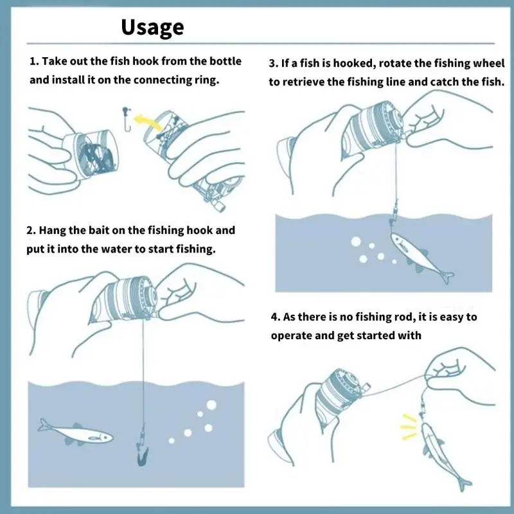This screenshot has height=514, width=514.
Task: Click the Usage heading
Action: click(152, 27)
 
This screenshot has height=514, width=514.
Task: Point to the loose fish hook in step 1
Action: click(127, 119)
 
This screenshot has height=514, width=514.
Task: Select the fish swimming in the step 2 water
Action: click(76, 432)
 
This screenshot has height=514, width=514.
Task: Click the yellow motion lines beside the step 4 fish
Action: click(408, 426)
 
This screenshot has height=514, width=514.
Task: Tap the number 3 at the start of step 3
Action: click(272, 63)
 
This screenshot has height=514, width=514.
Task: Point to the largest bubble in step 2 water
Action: click(211, 405)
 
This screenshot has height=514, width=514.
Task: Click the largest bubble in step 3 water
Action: click(356, 242)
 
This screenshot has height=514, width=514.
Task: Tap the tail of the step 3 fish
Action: click(447, 277)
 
